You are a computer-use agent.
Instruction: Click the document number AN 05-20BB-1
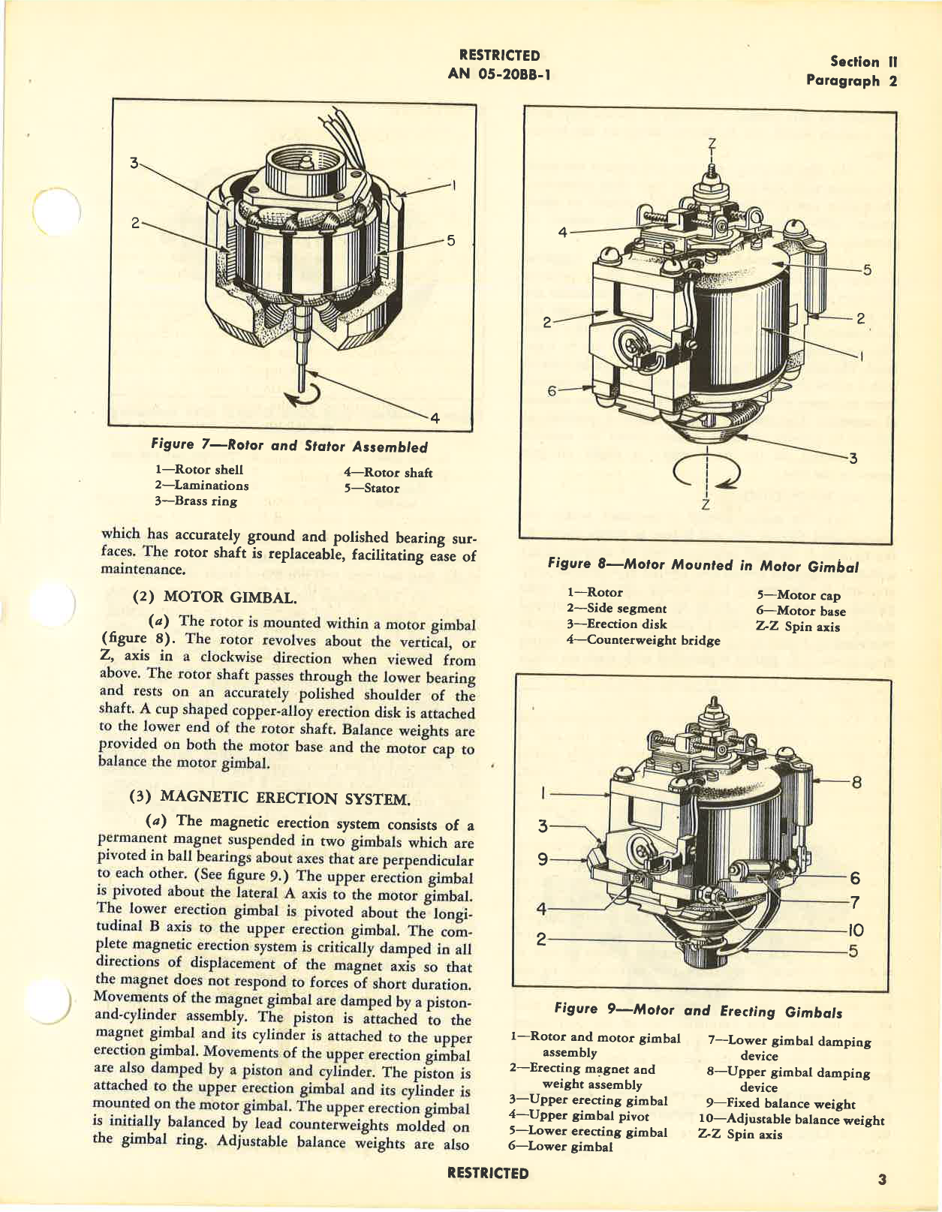[498, 74]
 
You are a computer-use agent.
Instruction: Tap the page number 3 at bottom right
[882, 1180]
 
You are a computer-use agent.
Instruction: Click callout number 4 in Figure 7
[434, 418]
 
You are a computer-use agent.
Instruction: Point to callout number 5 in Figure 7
[450, 240]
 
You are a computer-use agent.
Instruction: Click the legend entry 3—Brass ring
[195, 501]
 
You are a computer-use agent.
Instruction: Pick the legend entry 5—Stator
[372, 489]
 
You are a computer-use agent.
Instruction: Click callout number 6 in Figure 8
[552, 391]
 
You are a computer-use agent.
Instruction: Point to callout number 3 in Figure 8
[853, 458]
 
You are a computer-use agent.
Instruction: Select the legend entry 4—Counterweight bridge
[643, 640]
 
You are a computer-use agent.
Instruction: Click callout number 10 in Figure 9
[855, 930]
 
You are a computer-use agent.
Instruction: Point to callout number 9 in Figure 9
[543, 859]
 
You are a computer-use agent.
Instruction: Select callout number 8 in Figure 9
[856, 782]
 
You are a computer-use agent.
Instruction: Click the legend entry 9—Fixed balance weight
[781, 1104]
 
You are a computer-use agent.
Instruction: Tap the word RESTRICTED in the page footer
[487, 1173]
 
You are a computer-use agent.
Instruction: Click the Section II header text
[863, 62]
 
